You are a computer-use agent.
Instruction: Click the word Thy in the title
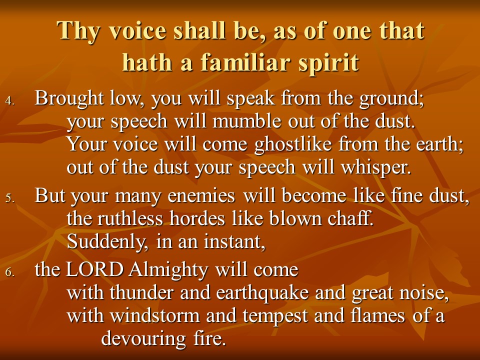coord(78,31)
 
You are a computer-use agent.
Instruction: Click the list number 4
coord(10,101)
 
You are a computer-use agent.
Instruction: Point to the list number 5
coord(10,198)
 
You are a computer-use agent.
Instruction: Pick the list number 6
coord(10,272)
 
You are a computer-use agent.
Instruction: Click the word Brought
coord(69,99)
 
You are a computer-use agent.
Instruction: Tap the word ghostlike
coord(293,144)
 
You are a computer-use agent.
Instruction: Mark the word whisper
coord(375,168)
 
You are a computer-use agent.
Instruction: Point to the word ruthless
coord(130,218)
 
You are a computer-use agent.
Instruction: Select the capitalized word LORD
coord(95,269)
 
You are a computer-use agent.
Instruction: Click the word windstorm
coord(155,315)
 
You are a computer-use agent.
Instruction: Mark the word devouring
coord(143,339)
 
